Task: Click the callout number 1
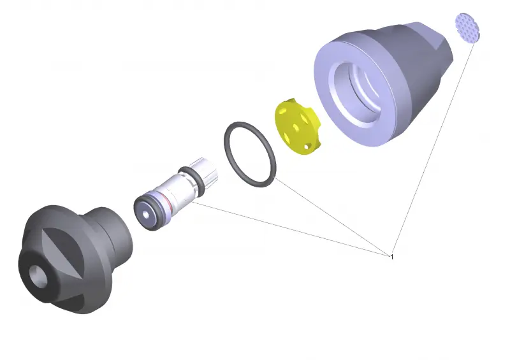392,257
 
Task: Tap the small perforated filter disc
467,28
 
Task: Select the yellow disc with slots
298,126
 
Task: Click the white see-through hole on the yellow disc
307,147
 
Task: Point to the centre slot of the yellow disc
296,127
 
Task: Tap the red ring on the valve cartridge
168,201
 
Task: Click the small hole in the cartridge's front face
146,215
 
